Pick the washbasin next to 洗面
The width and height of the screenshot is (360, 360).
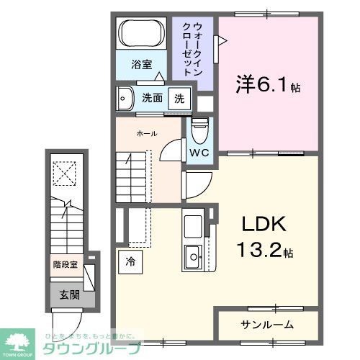(126, 97)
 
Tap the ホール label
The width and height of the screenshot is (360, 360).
(147, 134)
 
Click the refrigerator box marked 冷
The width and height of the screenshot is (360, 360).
(130, 262)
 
